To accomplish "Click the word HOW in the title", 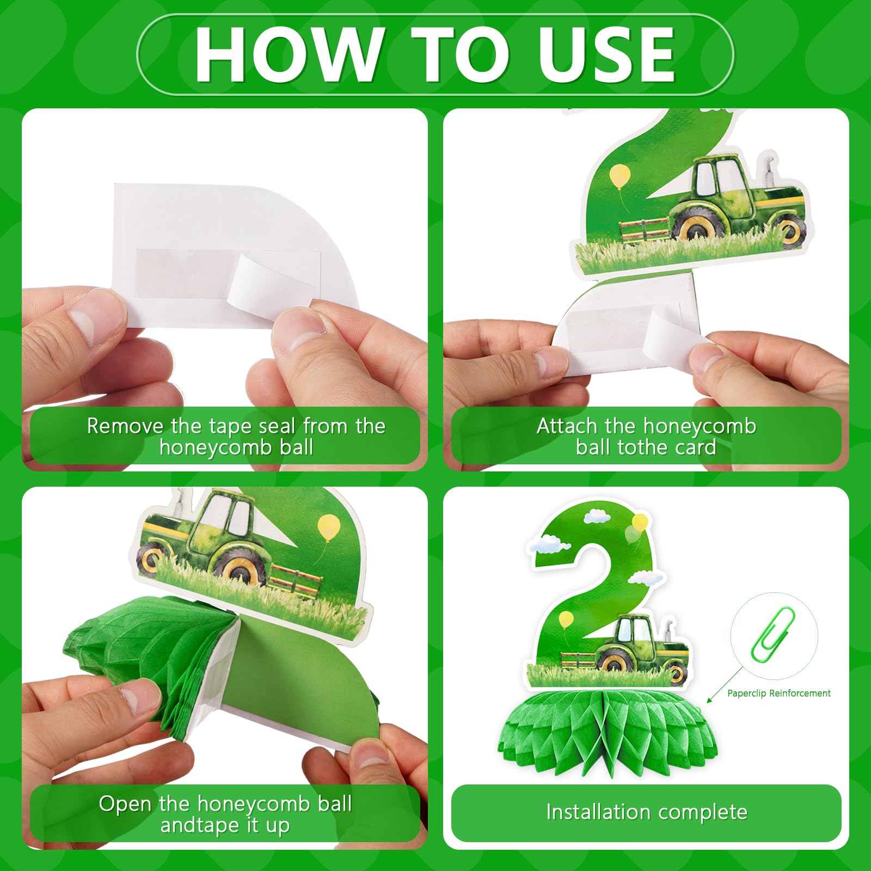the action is coord(289,54).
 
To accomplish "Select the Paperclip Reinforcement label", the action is coord(779,693).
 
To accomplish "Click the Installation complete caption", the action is coord(647,812).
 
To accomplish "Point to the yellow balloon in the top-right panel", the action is coord(620,177).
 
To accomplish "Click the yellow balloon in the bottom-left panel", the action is coord(329,527).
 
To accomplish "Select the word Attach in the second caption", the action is coord(567,426).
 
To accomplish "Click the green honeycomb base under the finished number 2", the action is coord(608,729).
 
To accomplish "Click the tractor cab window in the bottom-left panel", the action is coord(237,514).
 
